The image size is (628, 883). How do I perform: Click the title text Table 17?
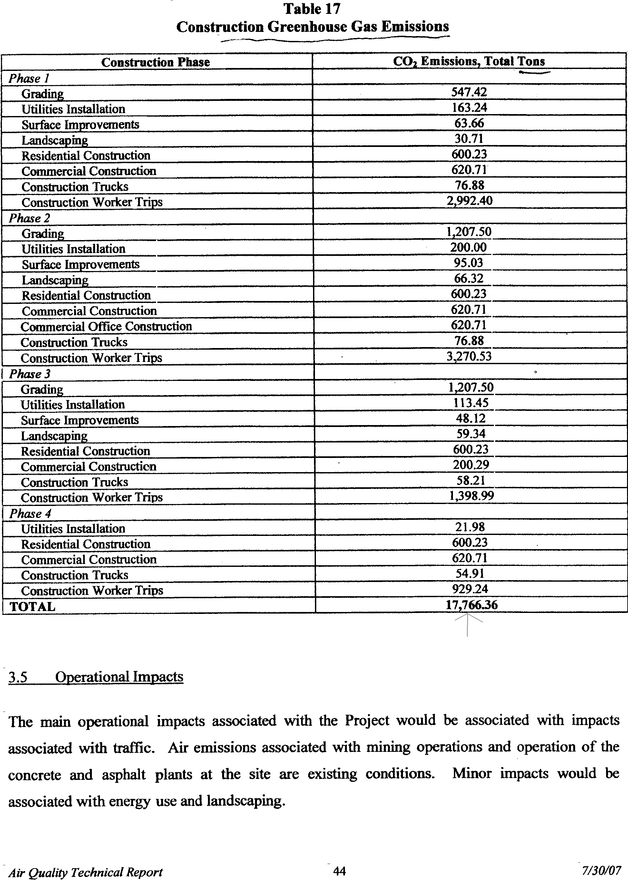coord(312,9)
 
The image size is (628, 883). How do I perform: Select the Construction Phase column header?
coord(155,62)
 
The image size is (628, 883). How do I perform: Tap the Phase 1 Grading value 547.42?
coord(469,92)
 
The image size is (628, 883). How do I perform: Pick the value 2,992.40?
coord(469,201)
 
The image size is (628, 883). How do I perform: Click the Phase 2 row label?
coord(30,218)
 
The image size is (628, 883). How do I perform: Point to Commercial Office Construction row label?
coord(106,327)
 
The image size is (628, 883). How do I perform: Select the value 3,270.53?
coord(469,356)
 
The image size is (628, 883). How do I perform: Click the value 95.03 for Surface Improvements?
coord(469,263)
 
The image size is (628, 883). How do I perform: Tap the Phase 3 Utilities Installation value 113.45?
coord(471,403)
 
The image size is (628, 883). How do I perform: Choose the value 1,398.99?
coord(471,496)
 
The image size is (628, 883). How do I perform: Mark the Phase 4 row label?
coord(30,513)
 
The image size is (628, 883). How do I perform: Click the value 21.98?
coord(470,527)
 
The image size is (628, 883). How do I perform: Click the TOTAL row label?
coord(33,606)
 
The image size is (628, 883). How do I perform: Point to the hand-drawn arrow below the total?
coord(467,624)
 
